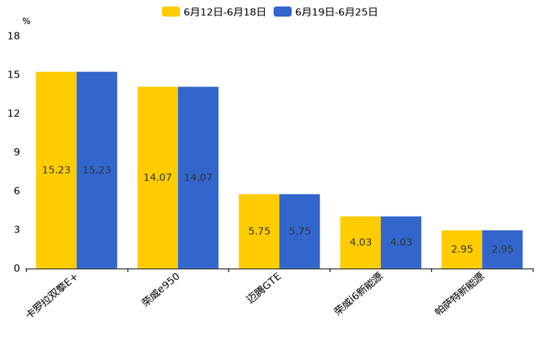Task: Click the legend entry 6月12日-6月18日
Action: coord(215,12)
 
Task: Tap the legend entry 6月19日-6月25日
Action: coord(327,12)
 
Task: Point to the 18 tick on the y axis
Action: coord(14,36)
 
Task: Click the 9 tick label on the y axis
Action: coord(17,152)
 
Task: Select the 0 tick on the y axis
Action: coord(17,269)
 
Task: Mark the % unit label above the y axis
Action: coord(26,22)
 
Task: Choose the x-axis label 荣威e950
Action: coord(160,291)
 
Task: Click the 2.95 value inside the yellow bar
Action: coord(462,249)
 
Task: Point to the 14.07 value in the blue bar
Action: coord(198,177)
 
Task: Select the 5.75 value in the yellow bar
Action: coord(259,231)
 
